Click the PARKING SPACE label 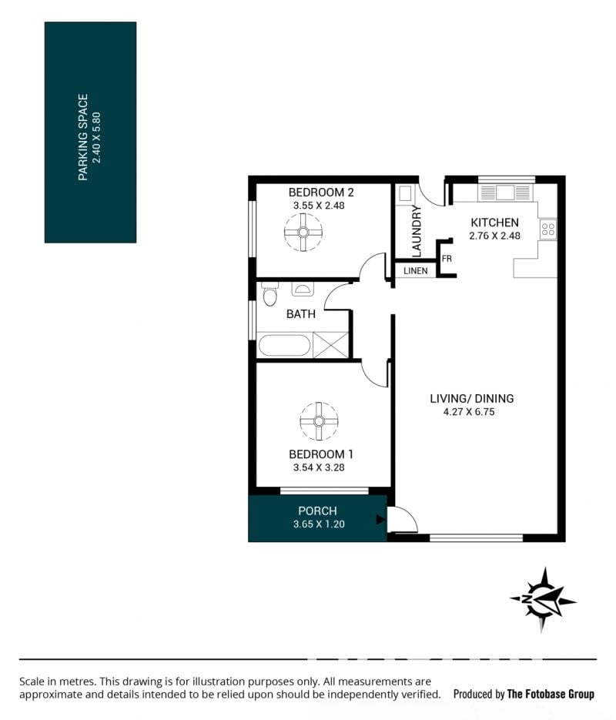coord(83,137)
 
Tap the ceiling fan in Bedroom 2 coord(303,233)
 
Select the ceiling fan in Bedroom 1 coord(319,421)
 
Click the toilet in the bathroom coord(270,294)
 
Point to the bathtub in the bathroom coord(284,345)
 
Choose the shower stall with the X coord(330,344)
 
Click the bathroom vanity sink coord(303,289)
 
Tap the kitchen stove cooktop coord(548,229)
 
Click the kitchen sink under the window coord(504,193)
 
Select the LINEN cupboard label coord(415,271)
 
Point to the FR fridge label coord(447,259)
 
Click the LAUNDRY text coord(417,231)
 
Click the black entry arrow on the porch coord(380,519)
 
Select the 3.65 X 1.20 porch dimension coord(319,524)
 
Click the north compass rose coord(544,600)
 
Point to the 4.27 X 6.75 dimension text coord(469,412)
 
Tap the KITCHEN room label coord(495,223)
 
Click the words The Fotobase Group coord(551,694)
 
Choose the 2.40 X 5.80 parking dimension coord(96,137)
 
